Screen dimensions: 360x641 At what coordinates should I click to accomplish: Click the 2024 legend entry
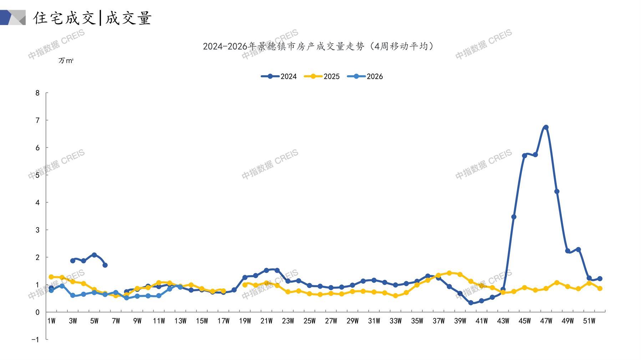pyautogui.click(x=279, y=76)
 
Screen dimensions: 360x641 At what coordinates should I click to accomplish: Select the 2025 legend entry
pyautogui.click(x=322, y=76)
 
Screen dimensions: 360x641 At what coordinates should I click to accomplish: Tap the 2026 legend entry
pyautogui.click(x=365, y=76)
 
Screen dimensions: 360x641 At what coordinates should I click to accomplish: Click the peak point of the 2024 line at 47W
pyautogui.click(x=546, y=127)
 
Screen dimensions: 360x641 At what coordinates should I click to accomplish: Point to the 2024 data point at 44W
pyautogui.click(x=514, y=217)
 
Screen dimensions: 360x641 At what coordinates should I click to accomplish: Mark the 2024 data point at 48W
pyautogui.click(x=556, y=191)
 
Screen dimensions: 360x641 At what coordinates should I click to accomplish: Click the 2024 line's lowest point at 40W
pyautogui.click(x=471, y=303)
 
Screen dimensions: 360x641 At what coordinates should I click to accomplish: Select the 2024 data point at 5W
pyautogui.click(x=94, y=255)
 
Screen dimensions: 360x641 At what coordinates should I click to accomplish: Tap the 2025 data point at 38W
pyautogui.click(x=449, y=273)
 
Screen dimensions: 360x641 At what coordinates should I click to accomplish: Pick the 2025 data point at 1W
pyautogui.click(x=51, y=277)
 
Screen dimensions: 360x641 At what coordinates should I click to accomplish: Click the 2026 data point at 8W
pyautogui.click(x=126, y=298)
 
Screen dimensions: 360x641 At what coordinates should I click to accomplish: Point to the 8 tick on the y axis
pyautogui.click(x=37, y=93)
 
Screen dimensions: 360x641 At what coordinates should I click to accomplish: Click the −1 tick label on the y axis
pyautogui.click(x=35, y=340)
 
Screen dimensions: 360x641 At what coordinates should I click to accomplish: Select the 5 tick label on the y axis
pyautogui.click(x=37, y=175)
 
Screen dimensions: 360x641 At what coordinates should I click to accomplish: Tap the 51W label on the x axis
pyautogui.click(x=589, y=321)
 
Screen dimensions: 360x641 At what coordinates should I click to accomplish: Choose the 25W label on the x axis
pyautogui.click(x=309, y=321)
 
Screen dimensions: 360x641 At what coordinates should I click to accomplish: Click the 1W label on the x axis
pyautogui.click(x=51, y=321)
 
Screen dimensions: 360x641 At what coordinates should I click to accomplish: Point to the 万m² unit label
pyautogui.click(x=66, y=61)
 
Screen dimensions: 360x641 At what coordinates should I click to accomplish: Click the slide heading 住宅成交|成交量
pyautogui.click(x=93, y=18)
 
